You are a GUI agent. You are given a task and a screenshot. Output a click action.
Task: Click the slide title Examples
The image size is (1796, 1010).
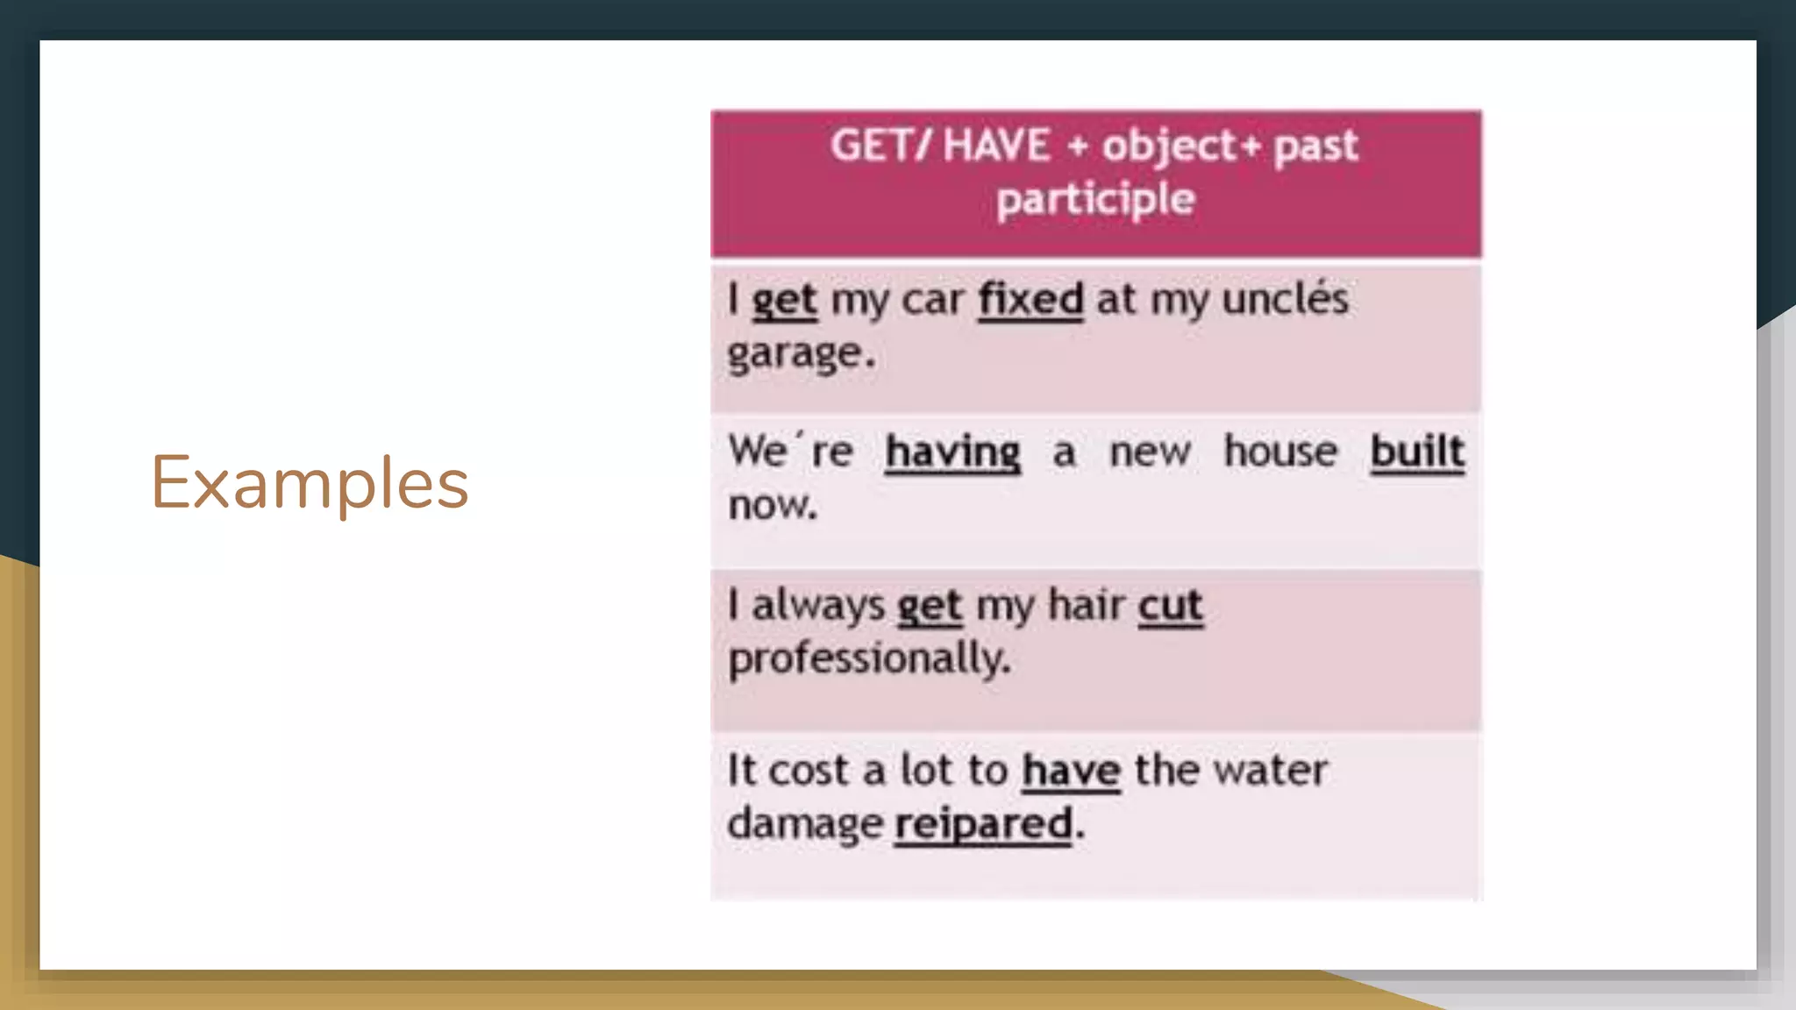(310, 483)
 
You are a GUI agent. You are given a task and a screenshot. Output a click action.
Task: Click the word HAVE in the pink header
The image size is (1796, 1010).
(996, 145)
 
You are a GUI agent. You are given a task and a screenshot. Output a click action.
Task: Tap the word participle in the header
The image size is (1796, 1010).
(1095, 199)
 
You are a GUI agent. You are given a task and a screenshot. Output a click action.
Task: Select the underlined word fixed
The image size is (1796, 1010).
(1030, 300)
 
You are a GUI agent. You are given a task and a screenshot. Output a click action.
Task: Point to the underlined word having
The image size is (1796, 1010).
(952, 452)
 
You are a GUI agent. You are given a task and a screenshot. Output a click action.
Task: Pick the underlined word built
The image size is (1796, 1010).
(1417, 452)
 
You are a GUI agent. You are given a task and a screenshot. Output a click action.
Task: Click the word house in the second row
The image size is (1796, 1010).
(1280, 452)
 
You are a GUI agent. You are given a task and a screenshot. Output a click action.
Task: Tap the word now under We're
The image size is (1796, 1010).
(772, 505)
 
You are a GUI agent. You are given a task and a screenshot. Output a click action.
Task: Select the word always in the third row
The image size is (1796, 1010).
(818, 606)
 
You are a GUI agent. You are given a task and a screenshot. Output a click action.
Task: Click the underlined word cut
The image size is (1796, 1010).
(1170, 606)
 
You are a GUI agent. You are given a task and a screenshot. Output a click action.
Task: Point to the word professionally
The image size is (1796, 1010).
(868, 658)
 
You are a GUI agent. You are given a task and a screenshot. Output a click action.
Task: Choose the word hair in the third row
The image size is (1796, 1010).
(1087, 606)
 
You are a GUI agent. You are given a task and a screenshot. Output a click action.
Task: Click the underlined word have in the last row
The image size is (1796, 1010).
(1071, 772)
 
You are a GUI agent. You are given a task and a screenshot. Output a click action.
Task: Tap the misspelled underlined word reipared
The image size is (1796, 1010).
(983, 824)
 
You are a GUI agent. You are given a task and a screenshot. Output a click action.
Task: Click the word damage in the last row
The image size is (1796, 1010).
(804, 824)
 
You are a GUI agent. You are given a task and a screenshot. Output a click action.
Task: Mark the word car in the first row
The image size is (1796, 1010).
(932, 300)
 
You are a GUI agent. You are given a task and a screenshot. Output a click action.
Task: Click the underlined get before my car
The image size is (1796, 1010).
(784, 300)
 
